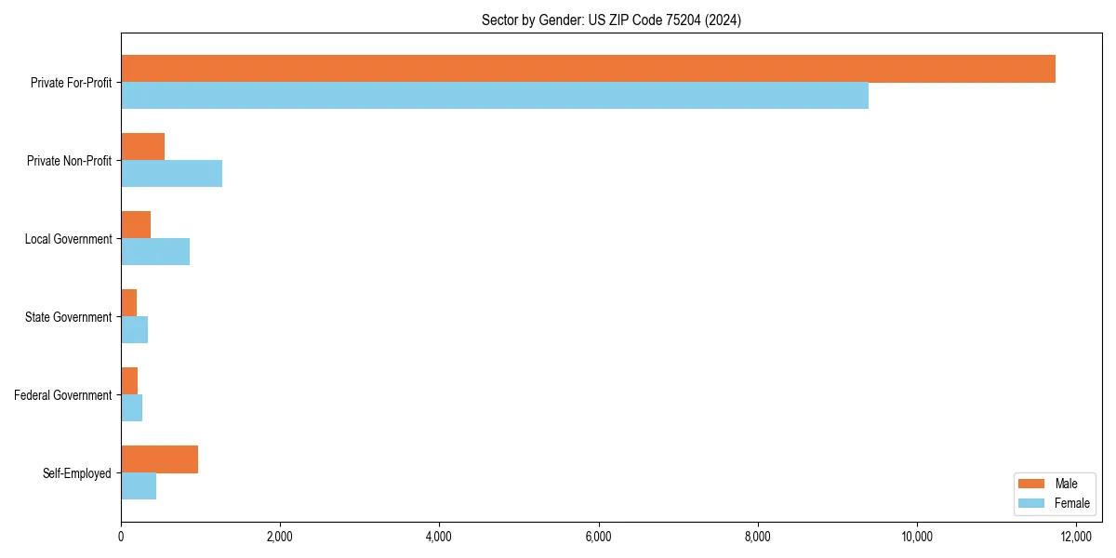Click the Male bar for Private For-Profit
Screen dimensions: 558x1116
pos(588,69)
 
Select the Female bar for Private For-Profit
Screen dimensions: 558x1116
pos(495,96)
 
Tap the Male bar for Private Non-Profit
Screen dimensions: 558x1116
pos(142,147)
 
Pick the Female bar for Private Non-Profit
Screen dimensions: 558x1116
pos(171,174)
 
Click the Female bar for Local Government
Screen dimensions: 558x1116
pos(155,252)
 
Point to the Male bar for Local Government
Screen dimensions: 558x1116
pos(136,225)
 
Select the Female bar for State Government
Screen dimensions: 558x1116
pos(134,330)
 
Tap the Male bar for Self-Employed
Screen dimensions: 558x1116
pos(159,459)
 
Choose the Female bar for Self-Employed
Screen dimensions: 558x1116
pos(139,486)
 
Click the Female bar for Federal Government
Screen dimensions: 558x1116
pos(131,408)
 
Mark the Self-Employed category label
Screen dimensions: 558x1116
pos(77,473)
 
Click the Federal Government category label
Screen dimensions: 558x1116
pos(63,395)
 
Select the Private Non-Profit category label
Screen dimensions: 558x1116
pos(69,161)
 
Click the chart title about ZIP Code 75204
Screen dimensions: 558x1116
pos(611,20)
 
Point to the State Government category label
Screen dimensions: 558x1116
pos(68,317)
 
